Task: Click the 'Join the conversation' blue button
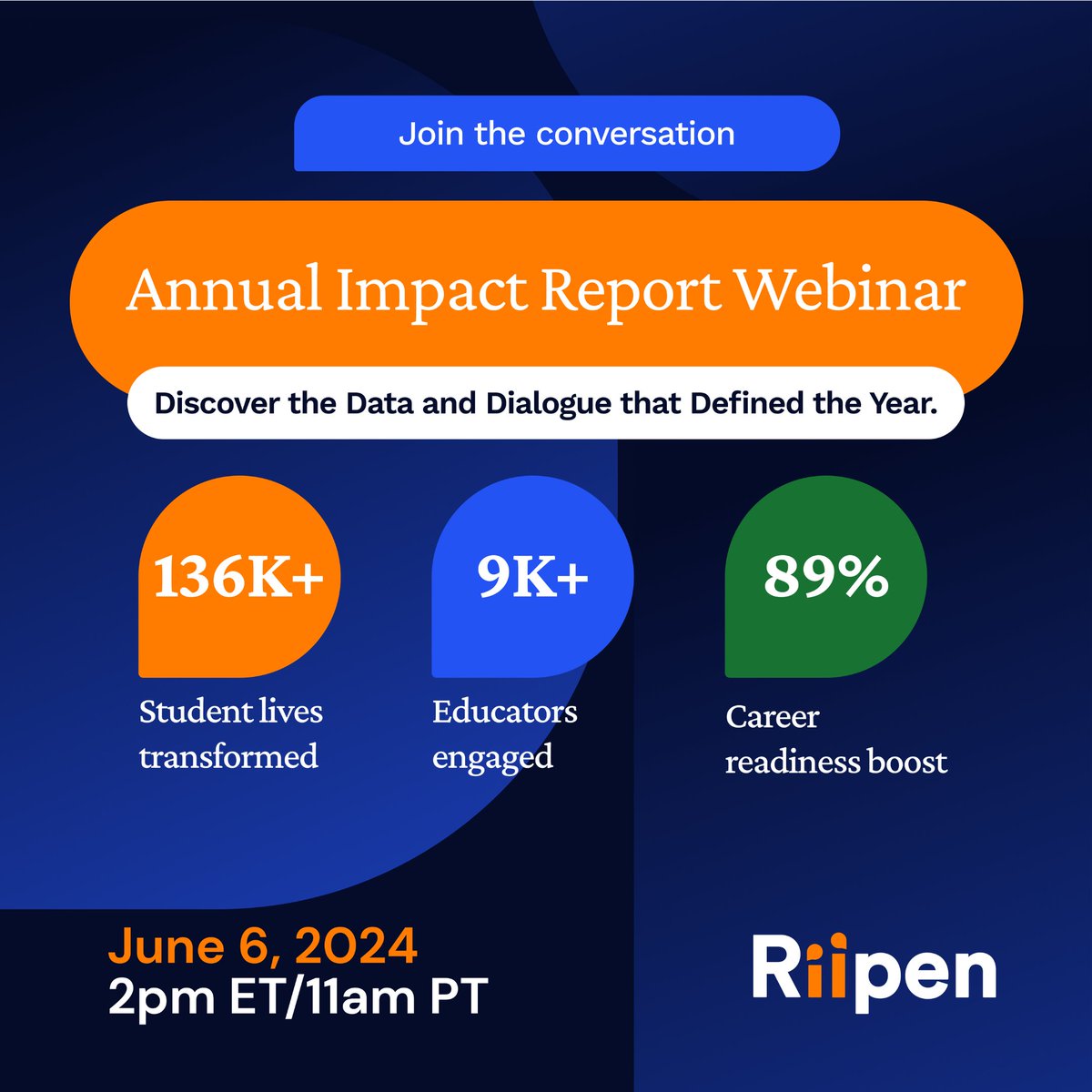pos(566,134)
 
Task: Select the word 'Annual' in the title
pos(224,290)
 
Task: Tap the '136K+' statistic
pos(238,577)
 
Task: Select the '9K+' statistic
pos(533,577)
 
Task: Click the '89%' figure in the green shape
pos(825,577)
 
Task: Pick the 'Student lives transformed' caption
pos(230,733)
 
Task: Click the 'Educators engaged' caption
pos(504,733)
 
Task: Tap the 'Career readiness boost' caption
pos(835,739)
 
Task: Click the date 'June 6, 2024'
pos(263,946)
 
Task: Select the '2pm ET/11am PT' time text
pos(298,996)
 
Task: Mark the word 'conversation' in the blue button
pos(635,134)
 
